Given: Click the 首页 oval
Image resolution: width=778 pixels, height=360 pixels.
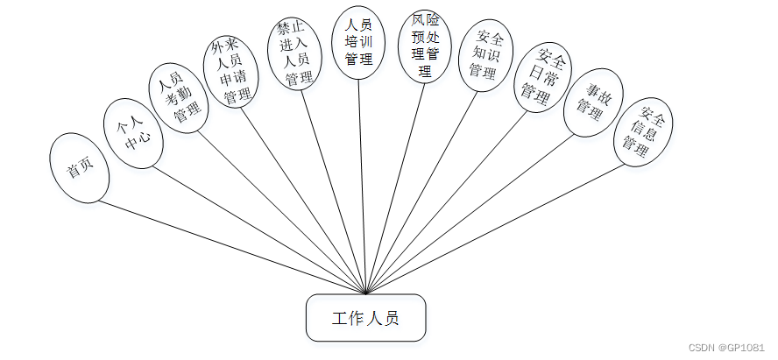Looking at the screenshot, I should point(80,168).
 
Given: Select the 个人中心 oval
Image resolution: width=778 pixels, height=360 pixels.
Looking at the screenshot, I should point(132,131).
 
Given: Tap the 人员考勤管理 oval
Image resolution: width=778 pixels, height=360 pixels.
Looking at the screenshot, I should point(180,96).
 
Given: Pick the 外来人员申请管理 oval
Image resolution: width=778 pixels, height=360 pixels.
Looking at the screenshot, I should point(230,73).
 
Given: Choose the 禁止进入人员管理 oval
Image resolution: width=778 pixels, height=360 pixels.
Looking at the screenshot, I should point(293,53).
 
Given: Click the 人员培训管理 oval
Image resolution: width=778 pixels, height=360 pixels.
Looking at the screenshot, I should point(359,43).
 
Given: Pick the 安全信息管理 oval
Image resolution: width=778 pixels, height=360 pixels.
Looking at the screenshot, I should point(642,132).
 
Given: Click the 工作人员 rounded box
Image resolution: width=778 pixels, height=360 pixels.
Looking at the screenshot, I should point(366,318).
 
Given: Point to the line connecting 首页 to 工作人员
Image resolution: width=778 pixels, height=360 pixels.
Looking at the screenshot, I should point(232,247).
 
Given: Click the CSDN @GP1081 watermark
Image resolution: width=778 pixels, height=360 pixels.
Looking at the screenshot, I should point(726,347).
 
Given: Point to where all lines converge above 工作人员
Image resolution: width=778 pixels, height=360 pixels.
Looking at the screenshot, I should point(365,293).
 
